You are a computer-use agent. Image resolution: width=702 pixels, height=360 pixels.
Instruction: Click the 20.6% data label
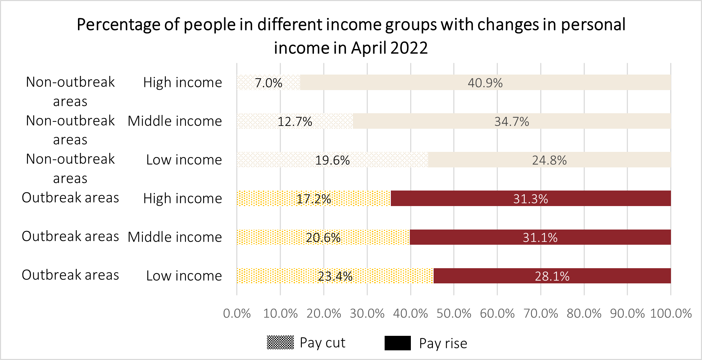pos(323,237)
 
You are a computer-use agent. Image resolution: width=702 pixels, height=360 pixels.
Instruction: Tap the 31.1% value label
pos(540,237)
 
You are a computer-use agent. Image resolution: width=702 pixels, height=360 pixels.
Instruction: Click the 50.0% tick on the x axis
pos(454,313)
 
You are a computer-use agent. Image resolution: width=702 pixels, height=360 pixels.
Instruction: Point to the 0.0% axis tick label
pos(237,313)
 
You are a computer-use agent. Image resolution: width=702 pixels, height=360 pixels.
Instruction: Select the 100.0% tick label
pos(671,313)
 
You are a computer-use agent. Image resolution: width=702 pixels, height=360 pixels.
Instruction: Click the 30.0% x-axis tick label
pos(367,313)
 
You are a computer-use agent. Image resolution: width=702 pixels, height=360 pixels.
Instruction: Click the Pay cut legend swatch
pos(280,342)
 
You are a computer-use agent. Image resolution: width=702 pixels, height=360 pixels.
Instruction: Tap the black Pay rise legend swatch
pos(397,343)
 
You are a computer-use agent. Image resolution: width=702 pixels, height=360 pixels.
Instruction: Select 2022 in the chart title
pos(409,48)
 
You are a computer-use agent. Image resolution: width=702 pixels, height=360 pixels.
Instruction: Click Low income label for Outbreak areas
pos(184,276)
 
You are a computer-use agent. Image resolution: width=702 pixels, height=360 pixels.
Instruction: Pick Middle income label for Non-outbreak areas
pos(175,121)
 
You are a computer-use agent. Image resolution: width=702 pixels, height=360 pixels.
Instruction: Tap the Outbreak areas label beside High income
pos(70,198)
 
